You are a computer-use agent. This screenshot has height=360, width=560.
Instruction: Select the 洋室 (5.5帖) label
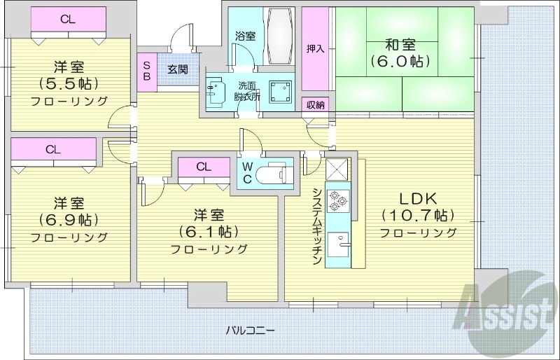pyautogui.click(x=69, y=83)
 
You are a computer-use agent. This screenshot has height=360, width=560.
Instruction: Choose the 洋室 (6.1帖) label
pyautogui.click(x=209, y=231)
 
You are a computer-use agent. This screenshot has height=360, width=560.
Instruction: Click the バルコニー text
pyautogui.click(x=250, y=329)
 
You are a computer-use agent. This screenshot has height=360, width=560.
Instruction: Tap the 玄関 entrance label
pyautogui.click(x=177, y=69)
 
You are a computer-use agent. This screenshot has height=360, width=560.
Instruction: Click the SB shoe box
pyautogui.click(x=146, y=70)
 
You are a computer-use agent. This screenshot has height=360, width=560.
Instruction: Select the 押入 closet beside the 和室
pyautogui.click(x=315, y=49)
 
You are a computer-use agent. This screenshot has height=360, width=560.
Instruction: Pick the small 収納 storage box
pyautogui.click(x=315, y=105)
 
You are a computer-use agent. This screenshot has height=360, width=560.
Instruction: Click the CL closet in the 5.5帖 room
pyautogui.click(x=68, y=20)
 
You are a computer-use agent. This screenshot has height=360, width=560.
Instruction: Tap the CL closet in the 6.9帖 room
pyautogui.click(x=53, y=150)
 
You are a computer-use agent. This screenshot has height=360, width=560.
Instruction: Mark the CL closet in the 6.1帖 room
pyautogui.click(x=204, y=167)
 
